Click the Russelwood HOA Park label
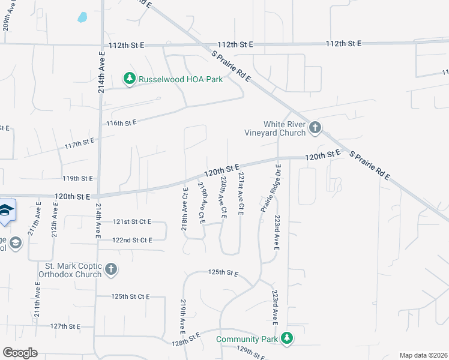(180, 79)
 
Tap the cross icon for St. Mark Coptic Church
(110, 269)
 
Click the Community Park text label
(247, 340)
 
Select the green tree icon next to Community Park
(288, 339)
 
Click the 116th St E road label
(122, 122)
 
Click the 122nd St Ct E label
(132, 240)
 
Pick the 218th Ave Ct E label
(185, 208)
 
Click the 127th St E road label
(65, 326)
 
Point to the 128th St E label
(185, 340)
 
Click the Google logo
(20, 353)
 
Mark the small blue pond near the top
(82, 17)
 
